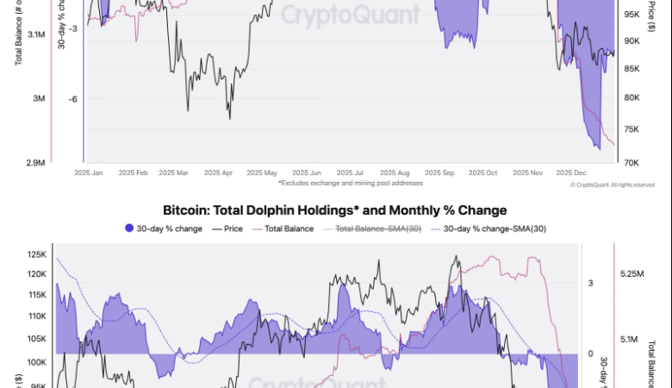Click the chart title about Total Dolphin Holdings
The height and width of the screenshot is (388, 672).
(335, 210)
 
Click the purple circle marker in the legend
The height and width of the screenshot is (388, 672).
(130, 228)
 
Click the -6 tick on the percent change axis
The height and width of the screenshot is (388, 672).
(74, 98)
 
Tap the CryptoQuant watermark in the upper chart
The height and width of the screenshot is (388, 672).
(352, 15)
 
